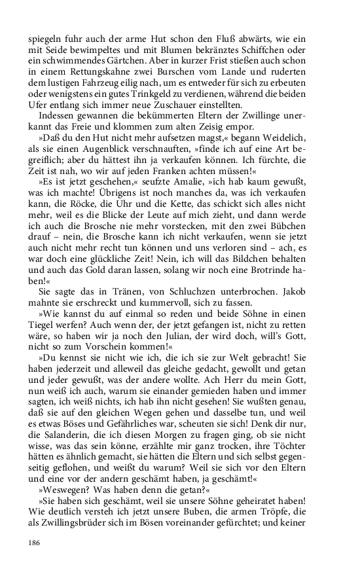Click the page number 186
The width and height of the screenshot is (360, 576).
(x=35, y=543)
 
